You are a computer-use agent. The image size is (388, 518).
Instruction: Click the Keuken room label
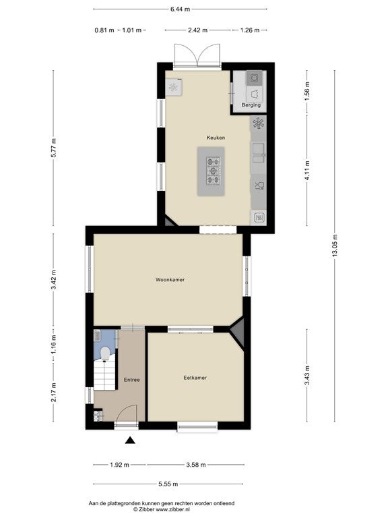click(216, 138)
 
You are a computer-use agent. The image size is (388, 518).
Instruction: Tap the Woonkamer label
click(170, 280)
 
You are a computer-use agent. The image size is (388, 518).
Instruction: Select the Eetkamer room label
click(195, 378)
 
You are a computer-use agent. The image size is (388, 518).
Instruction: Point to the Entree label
click(131, 380)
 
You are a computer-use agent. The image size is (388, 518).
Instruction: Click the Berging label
click(251, 105)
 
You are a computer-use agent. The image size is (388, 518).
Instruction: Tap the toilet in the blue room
click(105, 354)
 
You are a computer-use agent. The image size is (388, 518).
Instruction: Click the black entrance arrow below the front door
click(131, 440)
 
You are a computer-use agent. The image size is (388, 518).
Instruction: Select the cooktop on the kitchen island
click(213, 171)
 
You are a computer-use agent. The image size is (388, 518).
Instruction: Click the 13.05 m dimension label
click(335, 246)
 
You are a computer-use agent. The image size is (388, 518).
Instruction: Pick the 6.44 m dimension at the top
click(180, 9)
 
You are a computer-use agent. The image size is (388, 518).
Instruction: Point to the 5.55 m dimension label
click(168, 484)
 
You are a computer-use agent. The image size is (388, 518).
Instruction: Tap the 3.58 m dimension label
click(196, 465)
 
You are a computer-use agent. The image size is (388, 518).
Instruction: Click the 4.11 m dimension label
click(307, 171)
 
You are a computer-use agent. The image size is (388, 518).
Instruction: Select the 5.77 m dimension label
click(53, 149)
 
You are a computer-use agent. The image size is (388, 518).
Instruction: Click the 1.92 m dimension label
click(119, 465)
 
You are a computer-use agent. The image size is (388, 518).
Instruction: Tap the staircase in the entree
click(105, 375)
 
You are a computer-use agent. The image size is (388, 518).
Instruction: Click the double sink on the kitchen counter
click(259, 152)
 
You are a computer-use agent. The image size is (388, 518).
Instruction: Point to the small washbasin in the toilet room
click(97, 335)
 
